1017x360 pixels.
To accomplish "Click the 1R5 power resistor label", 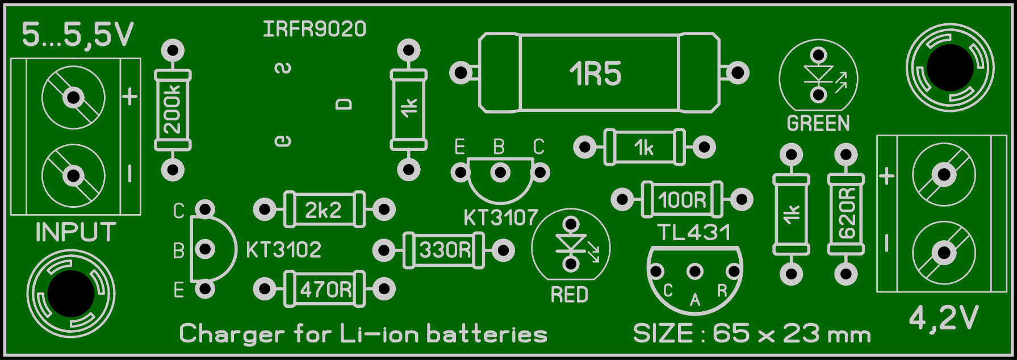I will coord(596,74).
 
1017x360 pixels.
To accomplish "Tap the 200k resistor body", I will coord(173,110).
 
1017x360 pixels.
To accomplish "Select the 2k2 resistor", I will coord(324,210).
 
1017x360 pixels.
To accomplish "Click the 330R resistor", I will coord(445,250).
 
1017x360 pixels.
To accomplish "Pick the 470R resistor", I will coord(325,290).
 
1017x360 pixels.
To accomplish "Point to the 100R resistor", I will coord(682,200).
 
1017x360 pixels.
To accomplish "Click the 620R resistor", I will coord(846,214).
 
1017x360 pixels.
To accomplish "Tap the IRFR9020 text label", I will coord(315,29).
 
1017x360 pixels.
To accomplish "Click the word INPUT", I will coord(76,232).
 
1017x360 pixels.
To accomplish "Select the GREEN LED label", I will coord(818,123).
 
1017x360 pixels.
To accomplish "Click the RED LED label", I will coord(570,295).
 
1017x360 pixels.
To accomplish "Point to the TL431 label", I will coord(694,232).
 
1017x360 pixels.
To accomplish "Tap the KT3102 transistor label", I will coord(284,250).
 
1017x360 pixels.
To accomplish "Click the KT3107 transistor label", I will coord(500,217).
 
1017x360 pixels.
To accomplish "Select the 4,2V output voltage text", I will coord(944,319).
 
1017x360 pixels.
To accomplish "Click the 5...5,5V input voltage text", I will coord(78,36).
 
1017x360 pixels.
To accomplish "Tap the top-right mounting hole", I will coord(949,68).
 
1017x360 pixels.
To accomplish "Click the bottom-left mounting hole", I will coord(71,294).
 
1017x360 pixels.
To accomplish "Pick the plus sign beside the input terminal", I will coord(130,97).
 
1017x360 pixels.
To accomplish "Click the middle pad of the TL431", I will coord(694,272).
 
